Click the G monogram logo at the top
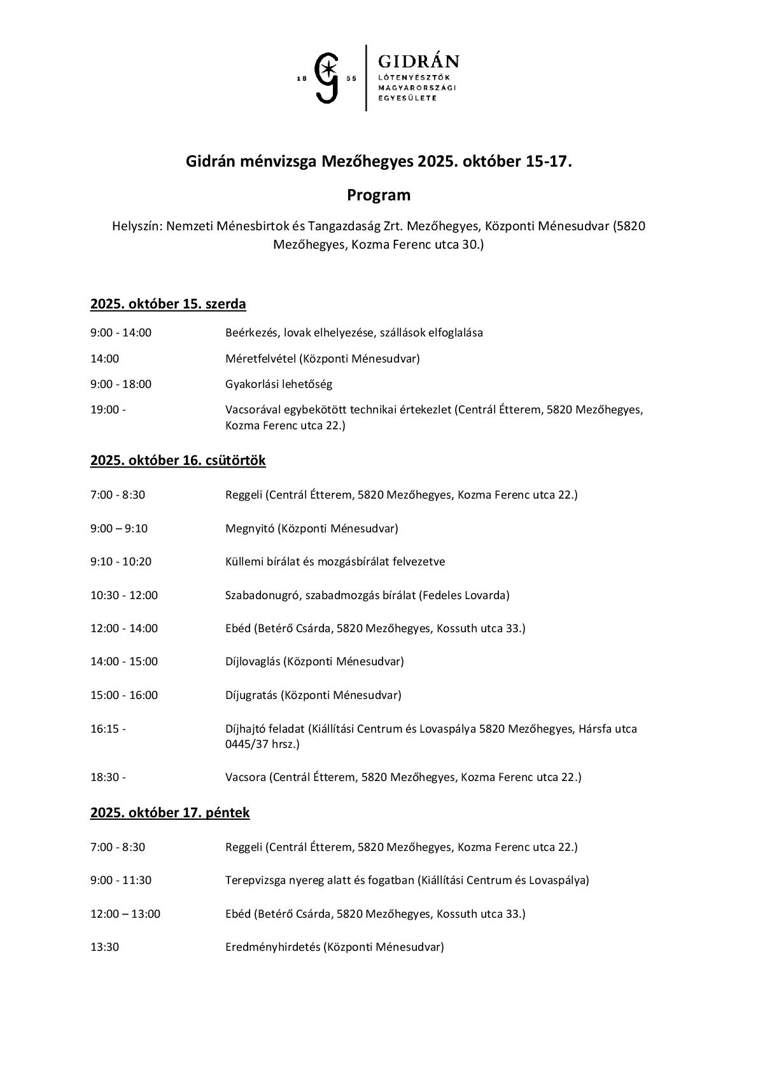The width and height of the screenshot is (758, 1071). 328,78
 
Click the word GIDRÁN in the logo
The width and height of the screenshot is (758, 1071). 418,61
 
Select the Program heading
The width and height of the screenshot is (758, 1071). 379,195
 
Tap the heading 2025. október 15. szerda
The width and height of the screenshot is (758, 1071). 168,304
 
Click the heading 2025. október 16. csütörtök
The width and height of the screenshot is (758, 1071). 178,460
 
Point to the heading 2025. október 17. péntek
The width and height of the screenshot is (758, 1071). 170,812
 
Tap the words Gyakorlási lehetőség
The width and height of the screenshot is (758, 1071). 279,384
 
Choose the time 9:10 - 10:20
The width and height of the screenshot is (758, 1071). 121,562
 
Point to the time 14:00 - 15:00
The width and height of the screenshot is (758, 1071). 124,661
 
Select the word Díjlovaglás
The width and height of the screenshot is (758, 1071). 253,661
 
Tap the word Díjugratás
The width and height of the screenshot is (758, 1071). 252,695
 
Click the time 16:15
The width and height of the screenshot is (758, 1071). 108,729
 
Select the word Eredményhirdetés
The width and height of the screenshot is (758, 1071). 272,947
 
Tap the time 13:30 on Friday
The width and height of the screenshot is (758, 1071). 104,947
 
